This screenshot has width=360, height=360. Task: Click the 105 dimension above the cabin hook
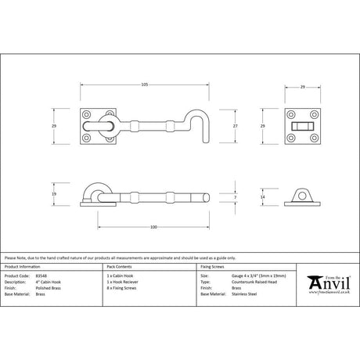(146, 84)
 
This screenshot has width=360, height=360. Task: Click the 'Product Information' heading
(26, 267)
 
